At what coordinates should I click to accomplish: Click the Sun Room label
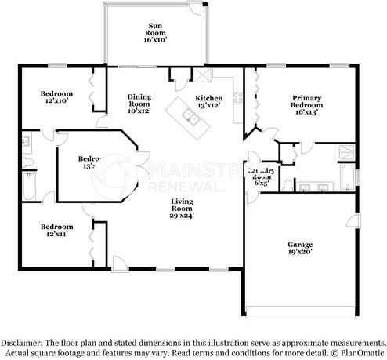[155, 31]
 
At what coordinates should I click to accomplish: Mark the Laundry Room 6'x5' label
[259, 175]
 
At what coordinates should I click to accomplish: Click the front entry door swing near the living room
[118, 262]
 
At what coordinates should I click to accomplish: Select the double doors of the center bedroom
[139, 166]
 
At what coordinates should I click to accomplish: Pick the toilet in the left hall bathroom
[26, 144]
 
